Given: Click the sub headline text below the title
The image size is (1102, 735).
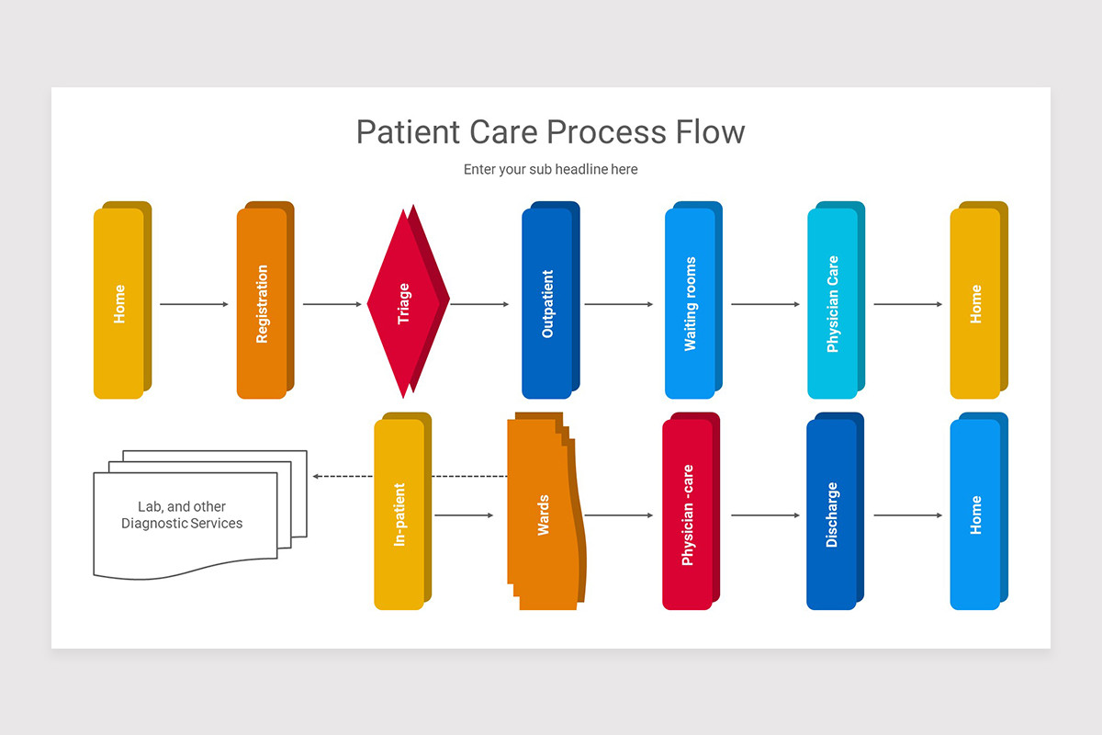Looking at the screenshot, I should [x=550, y=169].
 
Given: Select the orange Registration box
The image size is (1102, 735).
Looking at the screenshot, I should [x=262, y=303].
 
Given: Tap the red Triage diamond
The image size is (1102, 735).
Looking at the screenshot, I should [x=404, y=303].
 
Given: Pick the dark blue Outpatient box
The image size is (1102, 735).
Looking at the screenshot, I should [x=547, y=303].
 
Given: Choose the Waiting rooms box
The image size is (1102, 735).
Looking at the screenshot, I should [x=690, y=303].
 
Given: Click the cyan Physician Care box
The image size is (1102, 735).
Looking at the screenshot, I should [x=832, y=303].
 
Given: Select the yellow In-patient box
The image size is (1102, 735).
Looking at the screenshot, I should [x=399, y=514].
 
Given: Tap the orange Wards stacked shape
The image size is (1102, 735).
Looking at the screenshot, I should [x=544, y=514].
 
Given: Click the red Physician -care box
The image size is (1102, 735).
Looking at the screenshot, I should [x=687, y=514].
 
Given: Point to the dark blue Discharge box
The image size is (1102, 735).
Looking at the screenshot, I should [x=831, y=514].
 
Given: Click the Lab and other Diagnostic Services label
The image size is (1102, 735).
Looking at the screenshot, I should [x=182, y=514].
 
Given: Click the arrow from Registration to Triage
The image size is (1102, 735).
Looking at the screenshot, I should [x=332, y=304].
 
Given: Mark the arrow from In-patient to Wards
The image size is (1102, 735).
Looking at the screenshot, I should [x=464, y=515].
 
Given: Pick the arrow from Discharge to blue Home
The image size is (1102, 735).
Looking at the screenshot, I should [x=907, y=515].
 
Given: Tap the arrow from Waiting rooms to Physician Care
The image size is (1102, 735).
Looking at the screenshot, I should [x=765, y=304].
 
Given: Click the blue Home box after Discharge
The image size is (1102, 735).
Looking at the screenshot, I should [x=975, y=514].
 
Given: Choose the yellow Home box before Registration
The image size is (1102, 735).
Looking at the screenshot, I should [x=118, y=303].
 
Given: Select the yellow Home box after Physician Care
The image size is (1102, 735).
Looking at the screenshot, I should [x=975, y=303].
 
